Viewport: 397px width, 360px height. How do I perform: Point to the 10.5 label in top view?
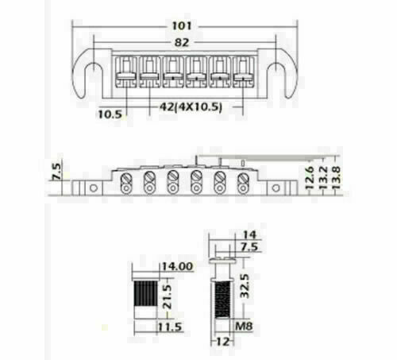coord(111,114)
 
